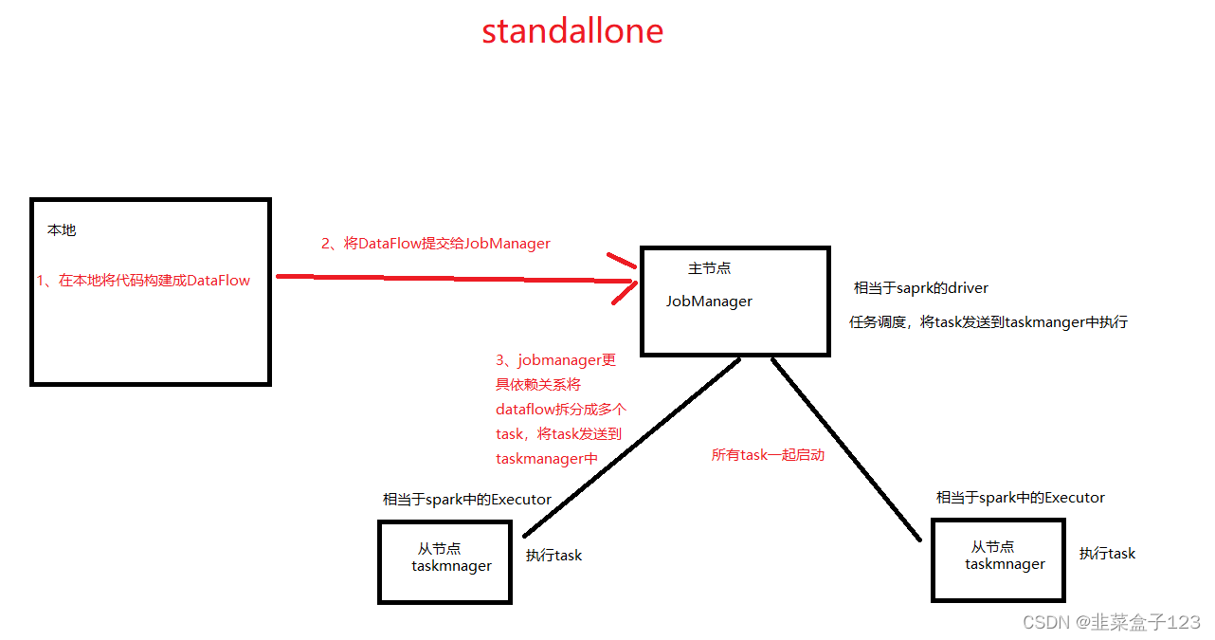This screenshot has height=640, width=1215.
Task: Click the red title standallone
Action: click(572, 31)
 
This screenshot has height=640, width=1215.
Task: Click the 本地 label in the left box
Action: click(62, 230)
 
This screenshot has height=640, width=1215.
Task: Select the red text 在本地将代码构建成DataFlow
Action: click(144, 281)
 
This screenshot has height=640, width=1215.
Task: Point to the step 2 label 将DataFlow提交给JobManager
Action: click(436, 244)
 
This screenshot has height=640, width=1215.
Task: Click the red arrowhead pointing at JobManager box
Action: click(626, 280)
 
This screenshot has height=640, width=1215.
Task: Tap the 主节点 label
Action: click(709, 268)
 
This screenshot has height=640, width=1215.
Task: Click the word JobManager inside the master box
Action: click(709, 302)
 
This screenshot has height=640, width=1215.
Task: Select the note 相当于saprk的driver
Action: click(921, 288)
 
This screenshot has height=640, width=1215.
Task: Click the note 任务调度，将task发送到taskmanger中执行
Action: click(988, 322)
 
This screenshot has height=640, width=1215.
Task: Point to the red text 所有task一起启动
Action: click(768, 455)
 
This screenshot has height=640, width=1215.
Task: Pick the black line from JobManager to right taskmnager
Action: click(845, 448)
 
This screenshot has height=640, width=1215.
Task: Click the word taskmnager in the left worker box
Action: click(451, 566)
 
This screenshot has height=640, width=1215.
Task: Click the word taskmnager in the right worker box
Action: click(1005, 564)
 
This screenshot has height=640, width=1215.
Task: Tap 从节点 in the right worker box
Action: click(992, 547)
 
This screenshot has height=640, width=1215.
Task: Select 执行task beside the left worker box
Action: click(553, 556)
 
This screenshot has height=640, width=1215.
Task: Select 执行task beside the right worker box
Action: click(1107, 554)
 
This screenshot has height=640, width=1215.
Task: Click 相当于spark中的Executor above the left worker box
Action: click(466, 500)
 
